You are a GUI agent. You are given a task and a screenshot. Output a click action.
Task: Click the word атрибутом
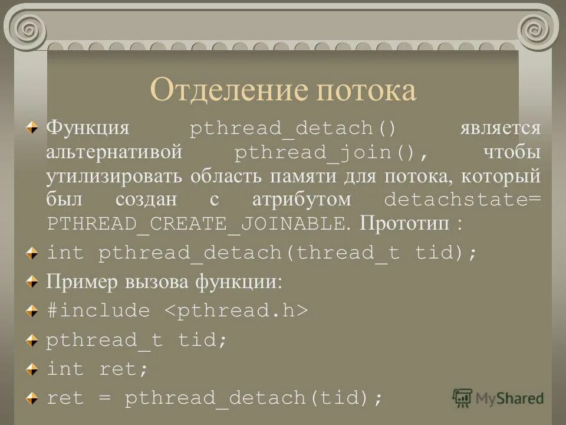pos(301,200)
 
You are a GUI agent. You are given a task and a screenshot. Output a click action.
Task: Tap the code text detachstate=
pos(462,200)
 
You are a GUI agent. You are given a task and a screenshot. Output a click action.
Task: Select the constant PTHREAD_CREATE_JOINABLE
pos(195,224)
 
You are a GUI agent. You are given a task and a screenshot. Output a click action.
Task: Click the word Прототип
pos(401,224)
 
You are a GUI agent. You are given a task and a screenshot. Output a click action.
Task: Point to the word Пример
pos(82,282)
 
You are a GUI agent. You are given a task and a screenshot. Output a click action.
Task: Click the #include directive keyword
pos(98,311)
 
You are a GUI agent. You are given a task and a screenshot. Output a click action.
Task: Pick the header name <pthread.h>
pos(235,311)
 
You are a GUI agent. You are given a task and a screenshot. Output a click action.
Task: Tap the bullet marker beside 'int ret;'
pos(35,369)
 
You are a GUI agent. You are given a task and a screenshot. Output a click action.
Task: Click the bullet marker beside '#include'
pos(35,310)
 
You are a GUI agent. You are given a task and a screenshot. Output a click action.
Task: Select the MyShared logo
pos(498,397)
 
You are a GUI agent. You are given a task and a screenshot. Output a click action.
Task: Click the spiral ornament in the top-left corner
pos(27,27)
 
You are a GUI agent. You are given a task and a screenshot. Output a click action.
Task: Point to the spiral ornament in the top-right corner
pos(537,27)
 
